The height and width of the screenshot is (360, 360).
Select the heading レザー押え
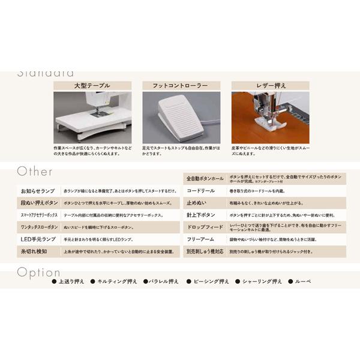tap(270, 85)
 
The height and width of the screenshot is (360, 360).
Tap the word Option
tap(39, 272)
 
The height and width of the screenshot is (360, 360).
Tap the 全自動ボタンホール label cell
tap(205, 179)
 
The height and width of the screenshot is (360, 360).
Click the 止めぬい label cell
tap(205, 203)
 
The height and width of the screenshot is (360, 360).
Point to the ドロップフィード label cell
tap(205, 227)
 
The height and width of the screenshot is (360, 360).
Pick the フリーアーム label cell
tap(205, 239)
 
